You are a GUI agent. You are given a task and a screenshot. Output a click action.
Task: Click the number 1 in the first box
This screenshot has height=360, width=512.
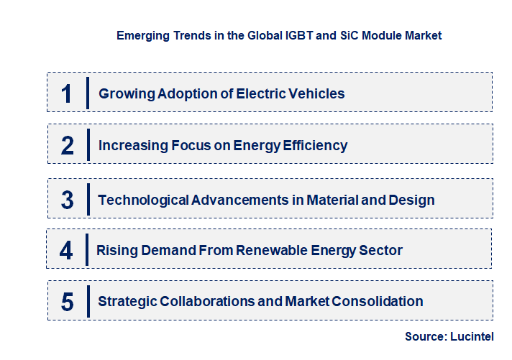click(67, 93)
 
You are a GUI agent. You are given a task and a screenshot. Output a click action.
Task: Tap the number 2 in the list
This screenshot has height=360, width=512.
click(68, 146)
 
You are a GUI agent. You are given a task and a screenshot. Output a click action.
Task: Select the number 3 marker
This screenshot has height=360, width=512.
click(68, 200)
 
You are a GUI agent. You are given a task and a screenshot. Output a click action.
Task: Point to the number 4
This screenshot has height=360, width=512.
click(66, 251)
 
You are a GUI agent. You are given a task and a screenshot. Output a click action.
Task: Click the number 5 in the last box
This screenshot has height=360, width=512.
click(68, 302)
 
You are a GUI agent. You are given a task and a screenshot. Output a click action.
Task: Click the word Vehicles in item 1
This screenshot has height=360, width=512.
click(316, 93)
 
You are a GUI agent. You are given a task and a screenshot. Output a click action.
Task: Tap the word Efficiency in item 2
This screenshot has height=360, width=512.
click(316, 146)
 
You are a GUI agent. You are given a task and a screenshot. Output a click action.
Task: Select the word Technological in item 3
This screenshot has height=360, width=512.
click(143, 200)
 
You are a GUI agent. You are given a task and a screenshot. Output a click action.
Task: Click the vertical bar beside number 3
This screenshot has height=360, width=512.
click(87, 199)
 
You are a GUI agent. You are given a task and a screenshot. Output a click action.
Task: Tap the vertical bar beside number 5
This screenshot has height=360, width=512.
click(87, 301)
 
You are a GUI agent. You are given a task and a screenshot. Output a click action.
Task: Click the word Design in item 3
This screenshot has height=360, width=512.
click(413, 200)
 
